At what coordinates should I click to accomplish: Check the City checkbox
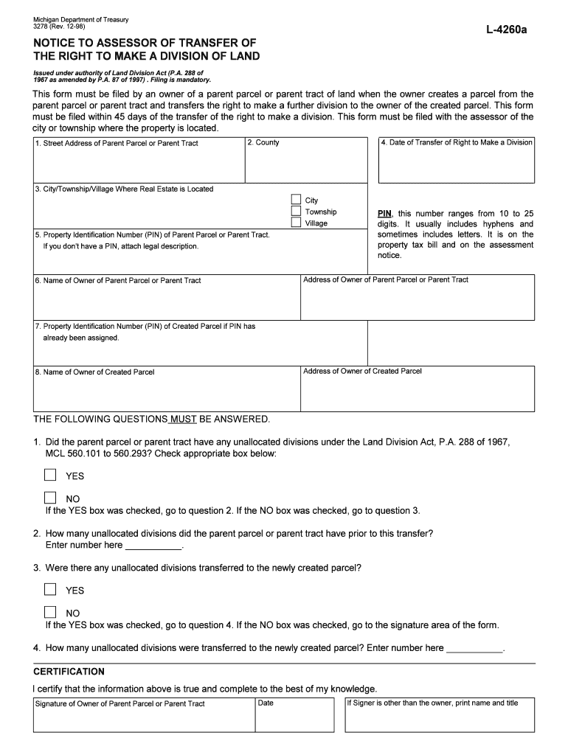pos(296,200)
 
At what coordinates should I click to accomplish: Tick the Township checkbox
pos(296,212)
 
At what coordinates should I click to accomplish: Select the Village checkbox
pos(296,223)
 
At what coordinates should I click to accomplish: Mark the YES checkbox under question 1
pos(50,475)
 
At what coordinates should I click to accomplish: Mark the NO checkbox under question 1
pos(50,498)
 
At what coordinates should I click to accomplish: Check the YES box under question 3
pos(50,589)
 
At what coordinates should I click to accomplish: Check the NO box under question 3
pos(50,612)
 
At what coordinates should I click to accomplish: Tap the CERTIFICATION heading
pos(69,672)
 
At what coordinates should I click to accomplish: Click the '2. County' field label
pos(263,143)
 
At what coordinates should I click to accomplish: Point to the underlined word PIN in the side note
pos(384,213)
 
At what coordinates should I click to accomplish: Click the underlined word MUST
pos(183,420)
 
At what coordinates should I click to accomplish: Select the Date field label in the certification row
pos(266,703)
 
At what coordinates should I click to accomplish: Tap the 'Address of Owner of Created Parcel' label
pos(362,372)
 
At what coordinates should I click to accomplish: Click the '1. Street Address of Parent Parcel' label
pos(117,143)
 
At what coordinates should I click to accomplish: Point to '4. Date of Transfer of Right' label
pos(457,142)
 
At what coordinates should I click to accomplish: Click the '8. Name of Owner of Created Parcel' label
pos(94,372)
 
